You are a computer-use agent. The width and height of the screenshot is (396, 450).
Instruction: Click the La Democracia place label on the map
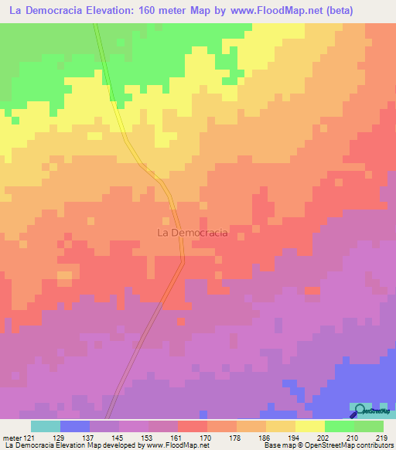[192, 232]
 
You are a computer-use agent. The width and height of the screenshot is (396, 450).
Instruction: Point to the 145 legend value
[117, 438]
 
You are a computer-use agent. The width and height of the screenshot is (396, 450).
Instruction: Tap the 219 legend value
[381, 438]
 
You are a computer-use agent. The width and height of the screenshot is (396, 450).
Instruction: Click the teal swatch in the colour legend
[46, 426]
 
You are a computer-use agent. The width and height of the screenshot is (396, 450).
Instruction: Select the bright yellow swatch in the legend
[310, 426]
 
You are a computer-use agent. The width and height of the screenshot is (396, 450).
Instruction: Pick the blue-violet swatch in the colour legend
[75, 426]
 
